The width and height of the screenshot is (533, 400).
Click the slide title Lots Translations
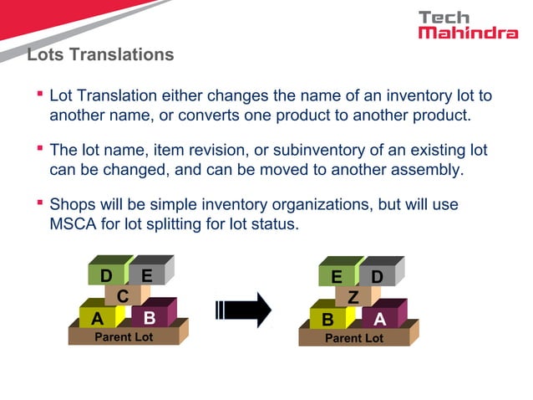[x=100, y=55]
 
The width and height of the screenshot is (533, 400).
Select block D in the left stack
[x=106, y=276]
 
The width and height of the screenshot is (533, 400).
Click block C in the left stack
[x=123, y=296]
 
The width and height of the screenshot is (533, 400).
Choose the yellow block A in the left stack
[x=98, y=318]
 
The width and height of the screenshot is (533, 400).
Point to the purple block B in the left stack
[x=150, y=318]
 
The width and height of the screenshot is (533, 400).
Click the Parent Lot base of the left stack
[x=123, y=337]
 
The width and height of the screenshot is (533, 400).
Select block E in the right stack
[x=337, y=276]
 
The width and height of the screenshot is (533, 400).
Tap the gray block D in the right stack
[x=378, y=275]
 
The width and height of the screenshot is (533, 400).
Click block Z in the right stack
[x=353, y=297]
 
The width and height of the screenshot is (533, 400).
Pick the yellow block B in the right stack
[x=328, y=319]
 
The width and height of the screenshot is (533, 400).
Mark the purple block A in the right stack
[x=380, y=319]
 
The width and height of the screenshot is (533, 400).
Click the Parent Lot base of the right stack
[x=353, y=338]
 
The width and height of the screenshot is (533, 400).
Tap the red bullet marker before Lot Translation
[x=39, y=94]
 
